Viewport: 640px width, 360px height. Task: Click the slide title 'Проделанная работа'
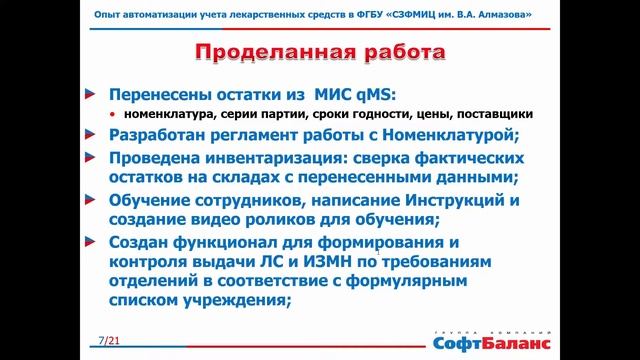(319, 53)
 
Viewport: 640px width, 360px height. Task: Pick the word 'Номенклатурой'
(447, 135)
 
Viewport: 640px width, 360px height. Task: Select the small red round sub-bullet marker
(113, 116)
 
